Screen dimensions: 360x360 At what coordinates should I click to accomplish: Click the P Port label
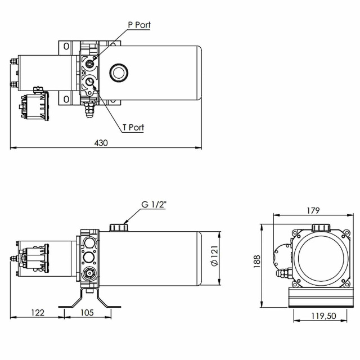coord(139,25)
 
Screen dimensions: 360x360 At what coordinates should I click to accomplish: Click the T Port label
coord(133,127)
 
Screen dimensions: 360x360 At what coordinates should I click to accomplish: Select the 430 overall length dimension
coord(101,143)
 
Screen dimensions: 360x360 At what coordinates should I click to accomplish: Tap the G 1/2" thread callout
coord(154,204)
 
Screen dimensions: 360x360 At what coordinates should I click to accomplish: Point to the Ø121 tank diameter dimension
coord(214,256)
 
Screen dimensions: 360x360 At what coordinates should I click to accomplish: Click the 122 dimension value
coord(38,313)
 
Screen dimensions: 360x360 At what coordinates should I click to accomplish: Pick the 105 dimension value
coord(87,313)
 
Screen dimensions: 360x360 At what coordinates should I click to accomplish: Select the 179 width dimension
coord(313,210)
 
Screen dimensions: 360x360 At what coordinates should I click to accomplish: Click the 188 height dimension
coord(256,261)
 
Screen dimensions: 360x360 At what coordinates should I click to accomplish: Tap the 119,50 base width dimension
coord(323,316)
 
